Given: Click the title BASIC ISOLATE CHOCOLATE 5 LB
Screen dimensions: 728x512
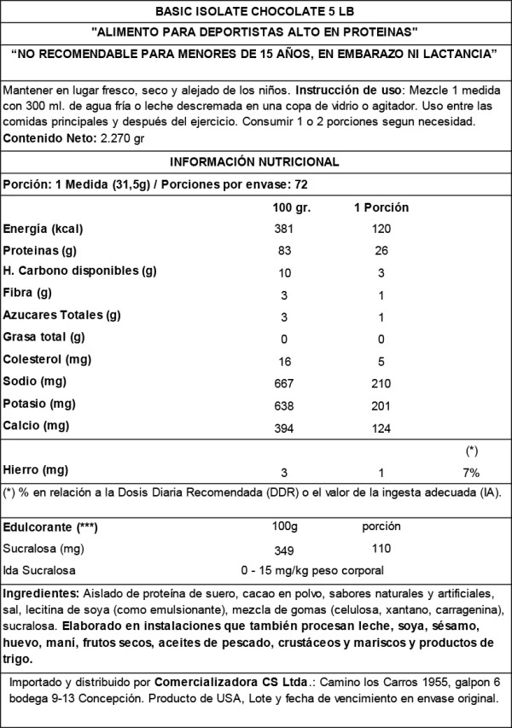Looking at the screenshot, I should (x=255, y=11).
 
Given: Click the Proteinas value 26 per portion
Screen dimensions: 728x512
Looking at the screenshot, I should (x=381, y=251).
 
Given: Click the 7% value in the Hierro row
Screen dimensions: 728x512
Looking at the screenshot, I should (x=471, y=472).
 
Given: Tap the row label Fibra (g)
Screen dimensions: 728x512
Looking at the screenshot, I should (x=27, y=294).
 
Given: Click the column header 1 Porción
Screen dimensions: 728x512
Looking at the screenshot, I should (x=381, y=207).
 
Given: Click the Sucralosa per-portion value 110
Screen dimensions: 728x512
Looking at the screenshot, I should (x=381, y=548).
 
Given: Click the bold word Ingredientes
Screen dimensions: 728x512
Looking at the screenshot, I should (x=40, y=593).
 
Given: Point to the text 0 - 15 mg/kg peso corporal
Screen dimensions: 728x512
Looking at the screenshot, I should (x=313, y=570).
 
